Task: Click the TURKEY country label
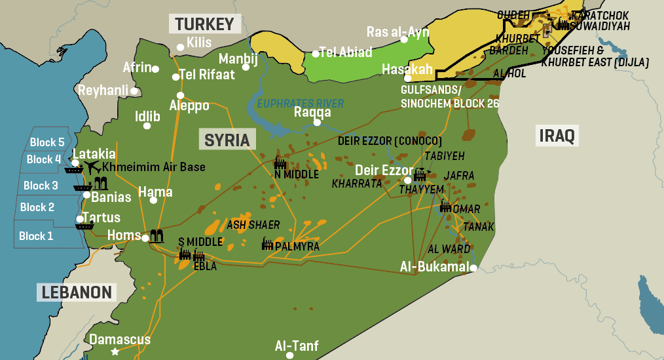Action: (204, 24)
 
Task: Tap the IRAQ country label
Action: (557, 136)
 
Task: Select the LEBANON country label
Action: (77, 292)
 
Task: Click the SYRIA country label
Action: (227, 140)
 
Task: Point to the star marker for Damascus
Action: (116, 352)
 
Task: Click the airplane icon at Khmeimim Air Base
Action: (91, 167)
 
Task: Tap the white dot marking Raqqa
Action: (317, 123)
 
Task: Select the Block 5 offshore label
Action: (47, 142)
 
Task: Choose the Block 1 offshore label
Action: (36, 236)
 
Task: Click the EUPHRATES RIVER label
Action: (301, 103)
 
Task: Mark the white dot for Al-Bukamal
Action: (473, 268)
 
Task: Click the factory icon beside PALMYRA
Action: (267, 244)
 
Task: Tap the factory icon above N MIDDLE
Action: (280, 162)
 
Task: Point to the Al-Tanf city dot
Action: (289, 355)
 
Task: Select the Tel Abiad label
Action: (345, 52)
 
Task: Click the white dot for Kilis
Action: (180, 47)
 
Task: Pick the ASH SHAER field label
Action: (253, 225)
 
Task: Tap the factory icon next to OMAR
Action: (445, 206)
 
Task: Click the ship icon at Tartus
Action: (84, 226)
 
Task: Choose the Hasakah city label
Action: (407, 69)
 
